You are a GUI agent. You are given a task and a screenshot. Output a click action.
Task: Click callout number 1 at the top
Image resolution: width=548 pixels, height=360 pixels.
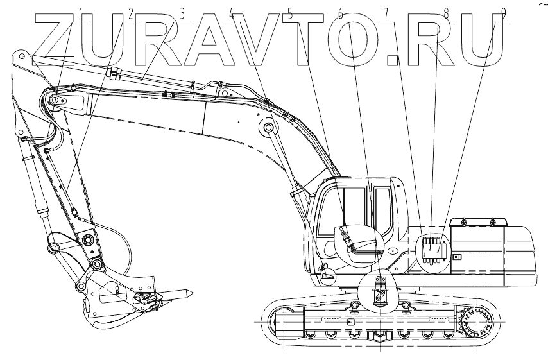tap(81, 13)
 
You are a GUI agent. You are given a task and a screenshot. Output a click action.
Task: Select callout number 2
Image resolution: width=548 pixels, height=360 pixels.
tap(131, 13)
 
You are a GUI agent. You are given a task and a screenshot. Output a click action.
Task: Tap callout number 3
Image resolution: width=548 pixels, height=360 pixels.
tap(182, 13)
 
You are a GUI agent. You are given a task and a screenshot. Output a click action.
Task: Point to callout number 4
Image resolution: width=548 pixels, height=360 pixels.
tap(232, 13)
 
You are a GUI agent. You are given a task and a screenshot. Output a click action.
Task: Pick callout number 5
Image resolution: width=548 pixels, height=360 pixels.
tap(290, 13)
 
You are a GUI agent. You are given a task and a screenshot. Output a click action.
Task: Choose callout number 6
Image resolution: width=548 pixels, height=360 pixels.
tap(340, 13)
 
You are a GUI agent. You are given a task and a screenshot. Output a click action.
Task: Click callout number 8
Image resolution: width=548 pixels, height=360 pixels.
tap(446, 13)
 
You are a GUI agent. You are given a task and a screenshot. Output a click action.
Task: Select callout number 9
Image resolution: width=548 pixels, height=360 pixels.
tap(504, 13)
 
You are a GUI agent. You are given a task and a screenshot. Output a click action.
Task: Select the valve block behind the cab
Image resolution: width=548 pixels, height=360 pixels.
tap(432, 249)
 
